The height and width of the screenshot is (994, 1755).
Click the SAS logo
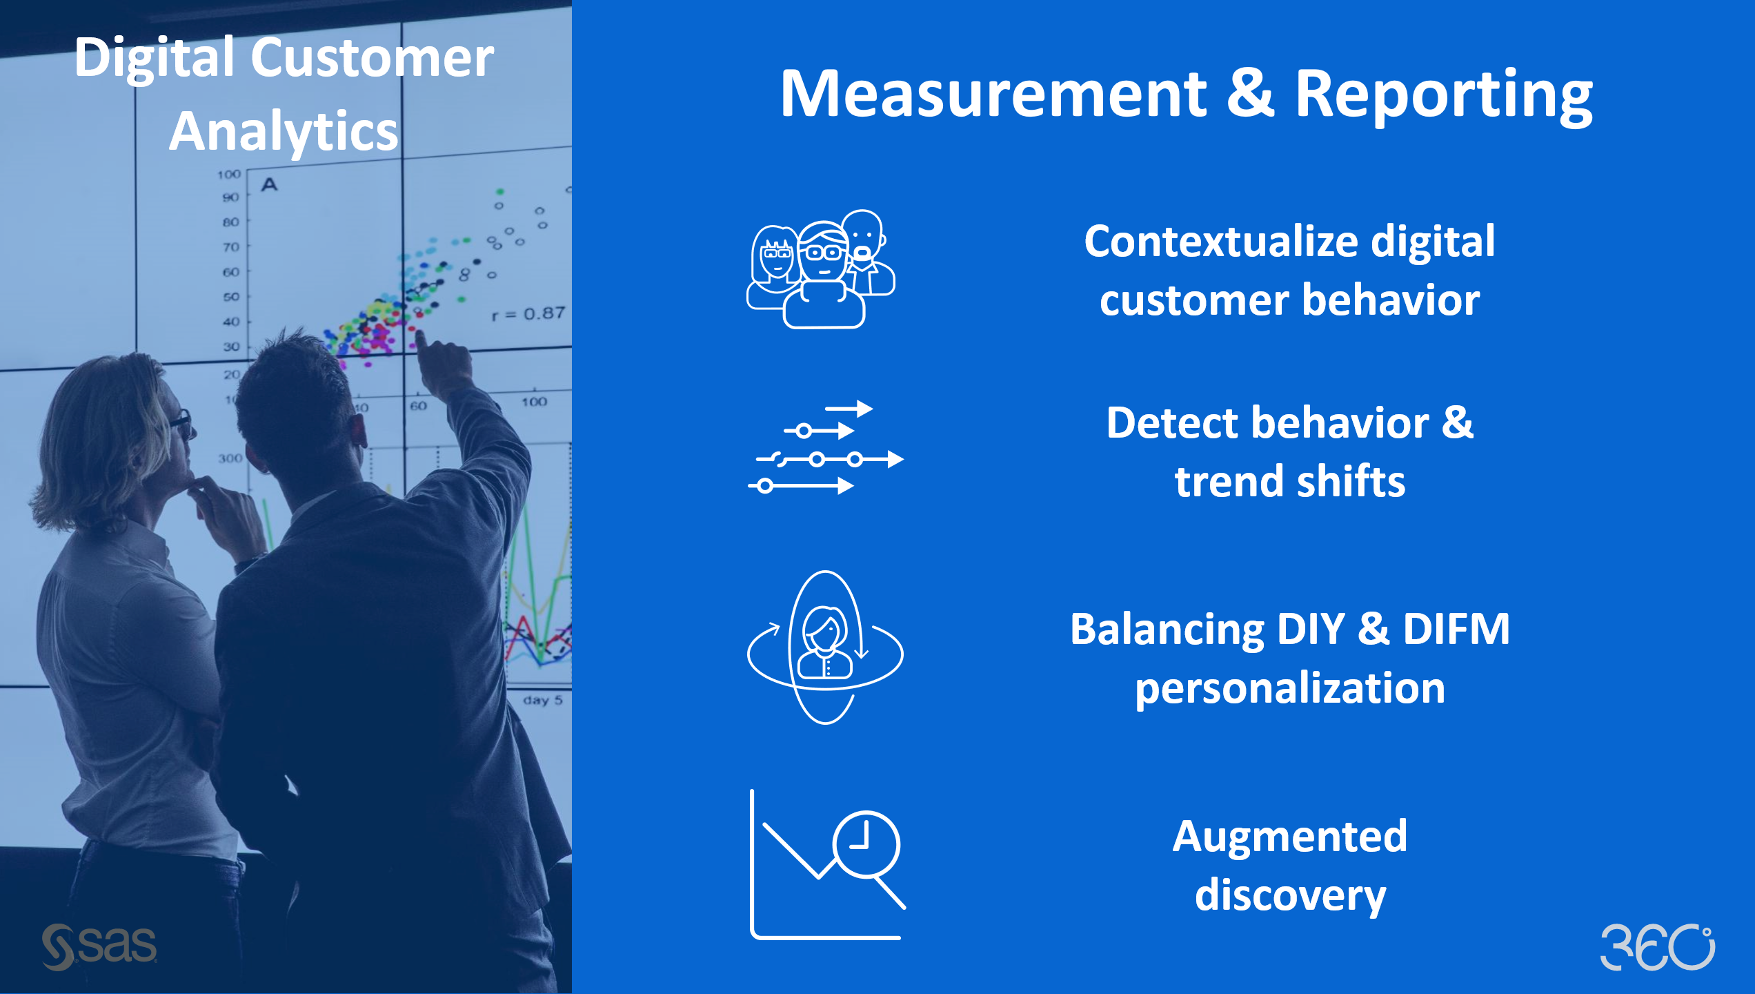point(99,946)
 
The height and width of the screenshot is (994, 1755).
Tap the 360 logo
point(1656,947)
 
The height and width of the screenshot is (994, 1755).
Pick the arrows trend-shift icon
point(826,447)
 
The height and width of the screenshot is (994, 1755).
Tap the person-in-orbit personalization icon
point(825,647)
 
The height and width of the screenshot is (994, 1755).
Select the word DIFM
point(1456,629)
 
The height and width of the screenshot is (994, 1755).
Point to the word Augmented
point(1289,837)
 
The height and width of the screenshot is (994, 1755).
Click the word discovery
point(1289,895)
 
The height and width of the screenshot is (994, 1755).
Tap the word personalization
point(1289,688)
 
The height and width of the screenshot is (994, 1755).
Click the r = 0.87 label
point(528,314)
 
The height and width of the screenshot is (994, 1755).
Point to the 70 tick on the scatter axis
point(231,246)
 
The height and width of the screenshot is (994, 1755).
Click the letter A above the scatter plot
point(269,184)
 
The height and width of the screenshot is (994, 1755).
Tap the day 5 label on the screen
point(542,700)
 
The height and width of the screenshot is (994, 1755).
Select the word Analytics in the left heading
point(284,130)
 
